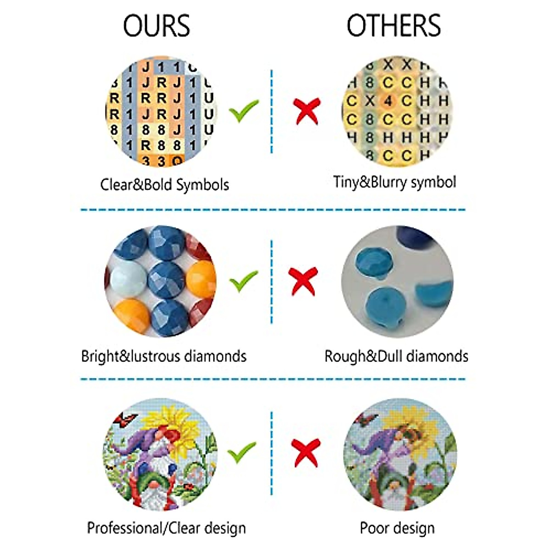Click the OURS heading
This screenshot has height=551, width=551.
click(x=156, y=26)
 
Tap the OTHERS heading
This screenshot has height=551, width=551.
click(x=394, y=26)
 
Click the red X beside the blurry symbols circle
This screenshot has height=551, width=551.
click(x=307, y=110)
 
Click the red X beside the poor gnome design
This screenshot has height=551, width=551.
click(x=306, y=452)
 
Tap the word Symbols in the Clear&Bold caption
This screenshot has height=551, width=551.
click(x=202, y=185)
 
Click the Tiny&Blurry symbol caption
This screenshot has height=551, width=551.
click(x=394, y=182)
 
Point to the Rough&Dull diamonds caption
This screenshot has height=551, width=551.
click(x=396, y=356)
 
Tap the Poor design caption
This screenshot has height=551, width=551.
click(x=397, y=528)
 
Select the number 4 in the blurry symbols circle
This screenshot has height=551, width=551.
click(x=388, y=101)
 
